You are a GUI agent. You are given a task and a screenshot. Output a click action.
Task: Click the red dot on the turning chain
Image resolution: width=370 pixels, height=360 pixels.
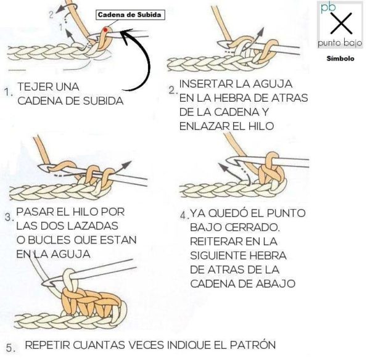pyautogui.click(x=106, y=29)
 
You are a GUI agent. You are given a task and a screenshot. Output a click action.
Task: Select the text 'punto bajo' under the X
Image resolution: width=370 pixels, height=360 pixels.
pyautogui.click(x=340, y=44)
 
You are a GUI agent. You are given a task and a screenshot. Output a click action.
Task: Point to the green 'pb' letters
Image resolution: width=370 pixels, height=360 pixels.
pyautogui.click(x=324, y=7)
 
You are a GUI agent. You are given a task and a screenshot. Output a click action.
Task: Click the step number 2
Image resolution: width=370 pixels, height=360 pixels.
pyautogui.click(x=172, y=90)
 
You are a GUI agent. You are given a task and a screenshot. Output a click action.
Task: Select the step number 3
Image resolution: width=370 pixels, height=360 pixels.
pyautogui.click(x=8, y=218)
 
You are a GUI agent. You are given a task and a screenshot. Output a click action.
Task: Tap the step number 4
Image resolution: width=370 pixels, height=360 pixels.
pyautogui.click(x=183, y=217)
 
